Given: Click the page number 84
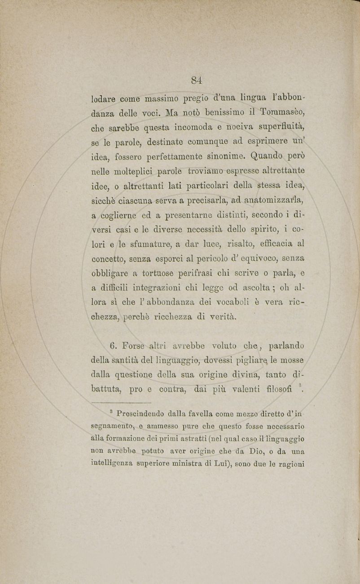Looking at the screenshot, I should (x=196, y=80).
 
